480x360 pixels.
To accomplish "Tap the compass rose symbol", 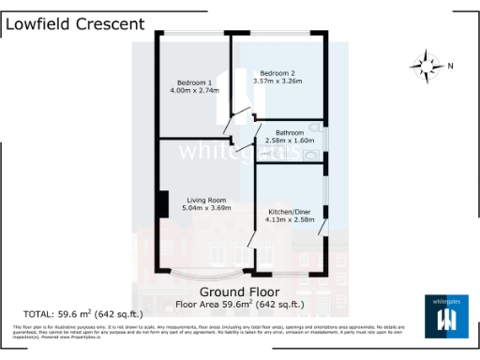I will coord(427,66).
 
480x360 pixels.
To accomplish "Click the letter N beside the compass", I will coord(450,66).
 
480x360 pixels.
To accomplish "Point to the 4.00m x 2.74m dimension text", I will coord(194,91).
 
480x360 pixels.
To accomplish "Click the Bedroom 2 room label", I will coord(277,72).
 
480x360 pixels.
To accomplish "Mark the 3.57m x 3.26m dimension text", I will coord(277,82).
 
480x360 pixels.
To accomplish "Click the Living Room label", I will coord(206,200).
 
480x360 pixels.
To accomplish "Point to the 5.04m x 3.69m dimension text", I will coord(206,209).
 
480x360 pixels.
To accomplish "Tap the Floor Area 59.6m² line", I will coord(241,305).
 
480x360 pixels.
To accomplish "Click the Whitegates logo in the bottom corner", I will coord(445,316).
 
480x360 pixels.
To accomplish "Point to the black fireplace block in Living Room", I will coord(162,203).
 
